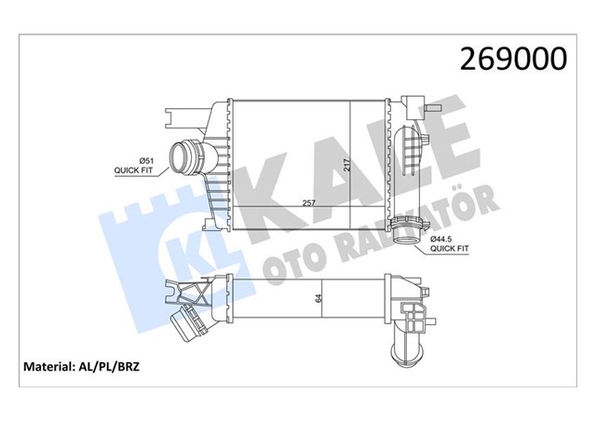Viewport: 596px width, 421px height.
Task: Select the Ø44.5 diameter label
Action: point(443,239)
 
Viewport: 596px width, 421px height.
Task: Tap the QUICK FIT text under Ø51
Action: point(134,170)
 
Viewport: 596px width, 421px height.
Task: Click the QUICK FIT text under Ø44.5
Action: point(450,250)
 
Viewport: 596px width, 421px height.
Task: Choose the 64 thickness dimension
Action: point(318,299)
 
